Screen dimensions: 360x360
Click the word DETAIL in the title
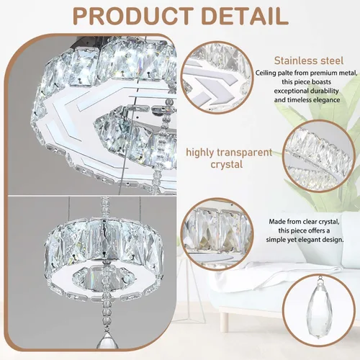click(x=245, y=16)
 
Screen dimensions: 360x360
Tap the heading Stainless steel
click(x=309, y=60)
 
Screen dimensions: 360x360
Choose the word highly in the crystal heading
click(x=199, y=153)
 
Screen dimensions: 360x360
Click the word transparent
click(x=245, y=153)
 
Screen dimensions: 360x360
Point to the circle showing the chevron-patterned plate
click(x=217, y=77)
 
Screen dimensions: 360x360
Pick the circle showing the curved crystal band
click(x=319, y=156)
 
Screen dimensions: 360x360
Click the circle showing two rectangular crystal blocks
click(x=217, y=235)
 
